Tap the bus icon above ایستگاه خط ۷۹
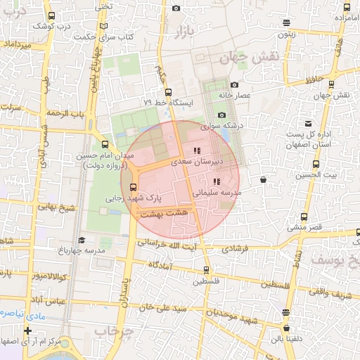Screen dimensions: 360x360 click(x=167, y=91)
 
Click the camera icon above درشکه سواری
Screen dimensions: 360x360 click(x=221, y=115)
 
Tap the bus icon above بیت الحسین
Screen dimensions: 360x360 click(x=315, y=164)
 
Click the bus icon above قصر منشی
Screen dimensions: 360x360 click(x=304, y=217)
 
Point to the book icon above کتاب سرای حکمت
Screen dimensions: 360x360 click(x=104, y=26)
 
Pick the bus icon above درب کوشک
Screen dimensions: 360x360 click(x=51, y=15)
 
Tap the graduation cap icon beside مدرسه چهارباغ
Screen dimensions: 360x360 click(x=82, y=240)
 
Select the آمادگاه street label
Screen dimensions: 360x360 click(x=161, y=264)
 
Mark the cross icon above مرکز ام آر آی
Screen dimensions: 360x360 click(x=27, y=330)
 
